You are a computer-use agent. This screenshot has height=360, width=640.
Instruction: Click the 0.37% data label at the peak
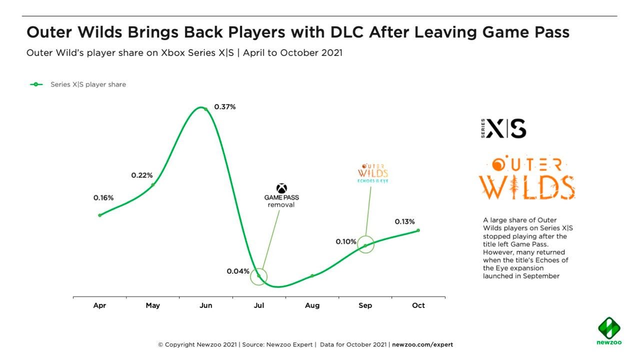pos(224,107)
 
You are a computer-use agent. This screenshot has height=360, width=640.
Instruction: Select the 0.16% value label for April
pos(103,198)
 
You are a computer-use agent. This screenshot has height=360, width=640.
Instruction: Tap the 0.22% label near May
pos(142,175)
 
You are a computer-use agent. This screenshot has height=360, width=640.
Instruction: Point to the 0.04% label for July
pos(238,271)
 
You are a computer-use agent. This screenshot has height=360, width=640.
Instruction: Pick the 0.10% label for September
pos(346,242)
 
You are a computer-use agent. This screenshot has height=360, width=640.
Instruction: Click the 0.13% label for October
pos(404,222)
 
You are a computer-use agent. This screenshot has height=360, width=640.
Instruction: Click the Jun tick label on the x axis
pos(205,305)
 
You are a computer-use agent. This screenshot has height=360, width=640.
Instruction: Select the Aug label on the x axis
pos(312,305)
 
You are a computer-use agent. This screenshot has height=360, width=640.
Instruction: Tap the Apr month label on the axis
pos(99,305)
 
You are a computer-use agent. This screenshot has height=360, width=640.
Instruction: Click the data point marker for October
pos(418,230)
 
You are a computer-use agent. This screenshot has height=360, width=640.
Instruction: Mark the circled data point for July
pos(258,276)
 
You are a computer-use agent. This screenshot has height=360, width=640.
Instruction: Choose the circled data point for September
pos(365,245)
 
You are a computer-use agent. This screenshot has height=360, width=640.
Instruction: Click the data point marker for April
pos(99,215)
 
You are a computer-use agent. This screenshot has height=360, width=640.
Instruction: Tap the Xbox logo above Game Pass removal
pos(281,188)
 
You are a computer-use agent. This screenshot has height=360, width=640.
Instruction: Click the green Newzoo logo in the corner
pos(609,330)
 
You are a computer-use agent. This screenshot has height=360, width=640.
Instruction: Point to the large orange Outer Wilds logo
pos(526,178)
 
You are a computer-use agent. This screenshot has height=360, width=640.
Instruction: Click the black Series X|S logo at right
pos(503,128)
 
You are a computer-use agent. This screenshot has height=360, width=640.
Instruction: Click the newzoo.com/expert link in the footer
pos(422,344)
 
